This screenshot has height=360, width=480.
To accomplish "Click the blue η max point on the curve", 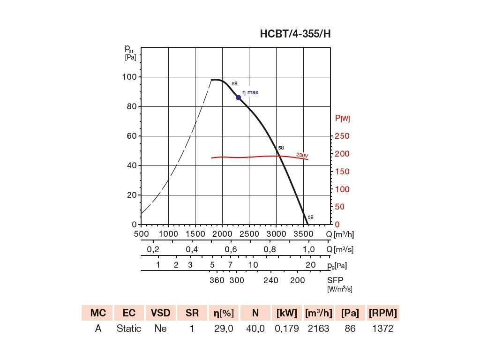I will [239, 97].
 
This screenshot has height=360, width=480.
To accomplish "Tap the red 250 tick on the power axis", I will [342, 136].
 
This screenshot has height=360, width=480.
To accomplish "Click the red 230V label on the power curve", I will [302, 155].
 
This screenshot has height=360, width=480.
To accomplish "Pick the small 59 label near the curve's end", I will [311, 217].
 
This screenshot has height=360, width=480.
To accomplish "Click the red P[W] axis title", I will [342, 119].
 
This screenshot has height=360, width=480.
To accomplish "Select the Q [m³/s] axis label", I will [339, 249].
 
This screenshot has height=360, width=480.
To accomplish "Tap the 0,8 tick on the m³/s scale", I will [270, 249].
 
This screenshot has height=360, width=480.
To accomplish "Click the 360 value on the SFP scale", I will [217, 280].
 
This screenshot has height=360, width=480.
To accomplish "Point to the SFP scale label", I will [335, 280].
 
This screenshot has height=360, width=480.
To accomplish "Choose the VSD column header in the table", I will [160, 313].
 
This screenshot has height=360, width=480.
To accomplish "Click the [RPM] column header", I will [383, 313].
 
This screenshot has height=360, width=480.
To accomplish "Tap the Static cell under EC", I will [129, 329].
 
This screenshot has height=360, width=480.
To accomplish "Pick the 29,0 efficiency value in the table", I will [224, 329].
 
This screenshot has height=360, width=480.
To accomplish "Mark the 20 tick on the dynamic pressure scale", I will [311, 265].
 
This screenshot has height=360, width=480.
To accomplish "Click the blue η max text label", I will [250, 92].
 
